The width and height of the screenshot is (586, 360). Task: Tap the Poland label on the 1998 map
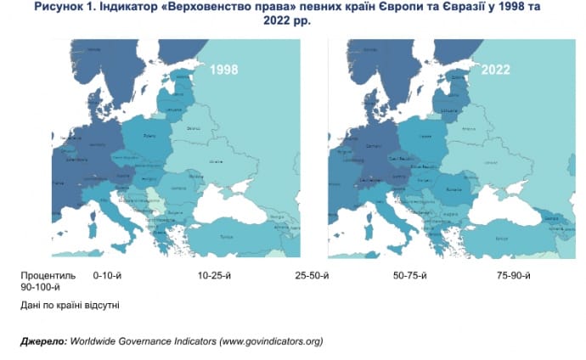pyautogui.click(x=149, y=134)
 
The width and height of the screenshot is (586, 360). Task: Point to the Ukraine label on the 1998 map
pyautogui.click(x=216, y=160)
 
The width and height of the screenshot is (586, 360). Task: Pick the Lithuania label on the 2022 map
pyautogui.click(x=448, y=110)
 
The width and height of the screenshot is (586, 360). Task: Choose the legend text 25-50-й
pyautogui.click(x=312, y=276)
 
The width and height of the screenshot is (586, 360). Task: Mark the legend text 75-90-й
pyautogui.click(x=515, y=276)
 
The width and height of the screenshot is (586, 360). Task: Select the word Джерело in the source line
pyautogui.click(x=42, y=341)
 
